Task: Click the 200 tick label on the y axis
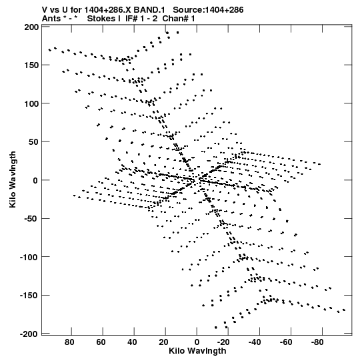(x=31, y=27)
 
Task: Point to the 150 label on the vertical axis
(x=31, y=65)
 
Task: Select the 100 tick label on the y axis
(x=31, y=103)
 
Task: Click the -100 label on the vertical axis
(x=29, y=257)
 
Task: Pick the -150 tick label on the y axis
(x=29, y=295)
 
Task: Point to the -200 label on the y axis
(x=29, y=334)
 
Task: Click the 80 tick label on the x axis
(x=69, y=342)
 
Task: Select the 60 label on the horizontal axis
(x=101, y=342)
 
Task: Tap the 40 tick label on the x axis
(x=132, y=342)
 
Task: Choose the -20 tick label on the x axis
(x=223, y=342)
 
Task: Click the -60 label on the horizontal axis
(x=286, y=342)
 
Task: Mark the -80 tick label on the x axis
(x=317, y=342)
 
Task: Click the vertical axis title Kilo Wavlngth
(x=13, y=179)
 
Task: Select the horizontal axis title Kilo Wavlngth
(x=197, y=351)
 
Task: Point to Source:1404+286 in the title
(x=208, y=10)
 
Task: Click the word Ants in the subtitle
(x=51, y=19)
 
